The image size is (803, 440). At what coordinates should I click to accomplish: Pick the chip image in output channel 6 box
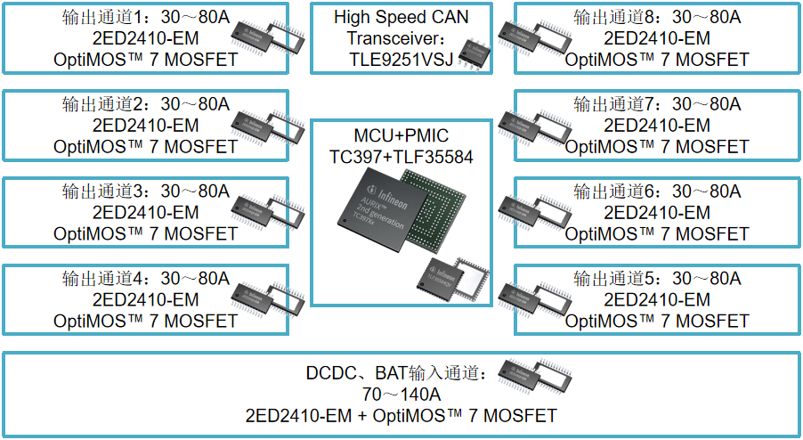point(533,209)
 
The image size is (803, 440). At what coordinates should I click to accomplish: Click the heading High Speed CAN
point(401,17)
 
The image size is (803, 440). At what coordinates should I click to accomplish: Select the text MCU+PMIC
point(401,135)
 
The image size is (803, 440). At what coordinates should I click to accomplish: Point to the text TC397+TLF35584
point(401,157)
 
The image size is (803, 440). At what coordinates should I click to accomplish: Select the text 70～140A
point(401,395)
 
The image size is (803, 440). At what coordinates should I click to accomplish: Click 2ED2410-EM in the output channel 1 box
point(145,38)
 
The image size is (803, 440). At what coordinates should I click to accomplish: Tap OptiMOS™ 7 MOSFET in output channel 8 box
point(657,60)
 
